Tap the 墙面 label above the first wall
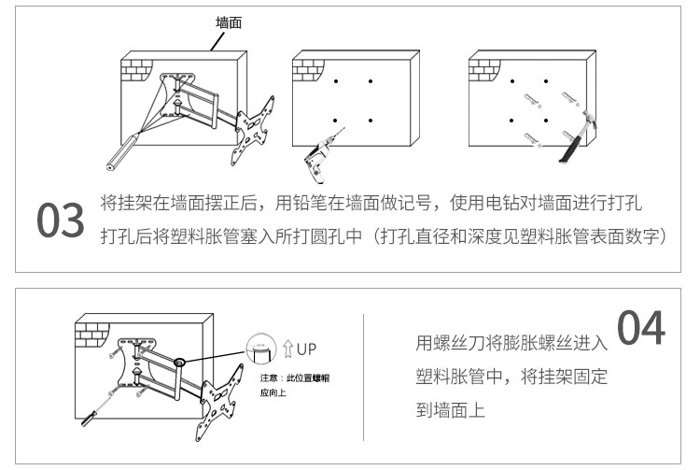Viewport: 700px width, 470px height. [231, 21]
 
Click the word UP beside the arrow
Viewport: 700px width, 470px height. [307, 349]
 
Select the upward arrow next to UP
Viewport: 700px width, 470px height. [287, 349]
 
